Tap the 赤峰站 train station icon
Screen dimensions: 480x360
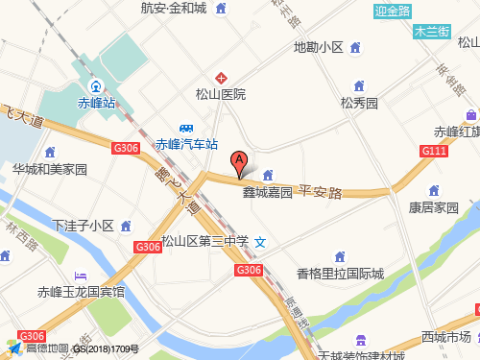click(95, 83)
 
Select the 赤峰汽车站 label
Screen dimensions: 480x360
click(187, 145)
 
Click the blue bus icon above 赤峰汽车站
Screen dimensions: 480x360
click(188, 129)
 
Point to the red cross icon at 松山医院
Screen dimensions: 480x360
click(221, 77)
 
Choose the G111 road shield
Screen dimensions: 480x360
click(434, 151)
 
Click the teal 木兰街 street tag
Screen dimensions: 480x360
click(431, 31)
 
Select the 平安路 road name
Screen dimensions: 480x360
click(321, 192)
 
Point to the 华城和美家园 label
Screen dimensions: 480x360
click(50, 169)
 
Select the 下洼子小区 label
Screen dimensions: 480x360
click(84, 227)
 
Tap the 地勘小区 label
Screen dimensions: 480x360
click(318, 46)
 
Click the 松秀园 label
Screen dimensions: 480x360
click(359, 102)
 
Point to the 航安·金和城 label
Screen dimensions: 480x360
click(173, 9)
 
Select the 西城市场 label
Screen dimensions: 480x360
click(445, 337)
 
